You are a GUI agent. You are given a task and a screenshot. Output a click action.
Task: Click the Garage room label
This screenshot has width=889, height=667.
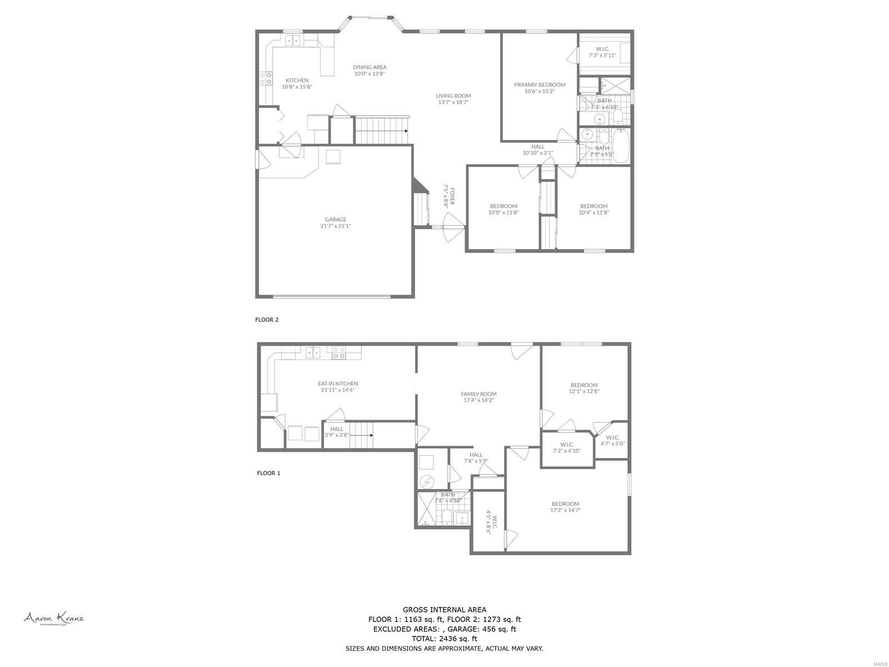[336, 220]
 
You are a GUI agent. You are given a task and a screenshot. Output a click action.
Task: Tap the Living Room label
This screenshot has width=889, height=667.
[453, 96]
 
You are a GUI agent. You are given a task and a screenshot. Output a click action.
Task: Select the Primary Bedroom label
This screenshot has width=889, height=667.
[539, 85]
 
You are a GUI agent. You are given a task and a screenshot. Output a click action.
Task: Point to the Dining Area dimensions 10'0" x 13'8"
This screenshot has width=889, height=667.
[369, 73]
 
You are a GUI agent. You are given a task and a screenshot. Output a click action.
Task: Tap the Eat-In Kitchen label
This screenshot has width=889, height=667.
[337, 384]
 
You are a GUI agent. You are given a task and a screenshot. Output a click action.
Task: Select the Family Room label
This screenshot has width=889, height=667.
[478, 394]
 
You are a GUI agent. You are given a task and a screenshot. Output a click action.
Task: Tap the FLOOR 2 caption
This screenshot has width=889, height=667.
[267, 320]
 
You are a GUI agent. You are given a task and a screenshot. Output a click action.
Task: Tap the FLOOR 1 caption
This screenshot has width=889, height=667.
[268, 473]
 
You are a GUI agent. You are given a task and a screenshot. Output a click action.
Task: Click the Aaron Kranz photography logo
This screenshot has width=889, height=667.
[53, 618]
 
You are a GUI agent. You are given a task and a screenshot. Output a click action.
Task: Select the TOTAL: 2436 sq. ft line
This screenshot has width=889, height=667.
[444, 639]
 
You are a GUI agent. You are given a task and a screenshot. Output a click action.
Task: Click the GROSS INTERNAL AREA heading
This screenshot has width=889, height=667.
[444, 610]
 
